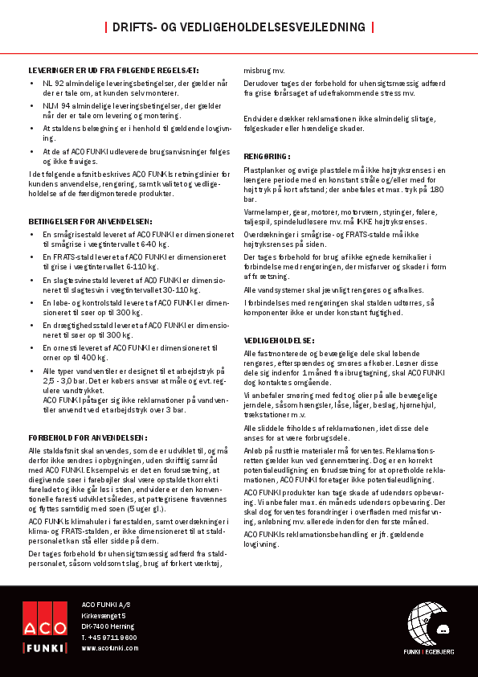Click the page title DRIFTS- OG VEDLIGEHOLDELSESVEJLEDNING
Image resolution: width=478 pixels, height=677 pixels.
click(239, 27)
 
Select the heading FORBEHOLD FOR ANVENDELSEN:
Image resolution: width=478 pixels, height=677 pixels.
click(88, 437)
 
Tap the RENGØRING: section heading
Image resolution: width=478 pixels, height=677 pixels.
click(267, 156)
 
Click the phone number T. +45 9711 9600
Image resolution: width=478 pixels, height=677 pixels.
click(109, 637)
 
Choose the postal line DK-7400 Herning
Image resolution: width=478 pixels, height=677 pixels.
click(108, 626)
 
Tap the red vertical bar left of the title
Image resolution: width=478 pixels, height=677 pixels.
click(106, 27)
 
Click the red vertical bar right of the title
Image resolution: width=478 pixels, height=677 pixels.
click(373, 27)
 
